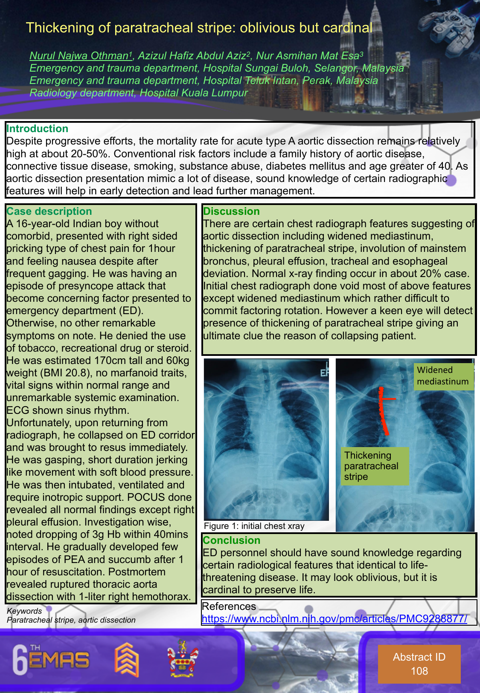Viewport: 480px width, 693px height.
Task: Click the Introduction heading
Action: coord(37,129)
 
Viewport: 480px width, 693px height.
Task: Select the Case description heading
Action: coord(49,211)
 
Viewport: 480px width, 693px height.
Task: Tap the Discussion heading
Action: coord(231,211)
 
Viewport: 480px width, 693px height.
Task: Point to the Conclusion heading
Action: coord(231,540)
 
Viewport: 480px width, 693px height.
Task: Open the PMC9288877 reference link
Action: coord(334,619)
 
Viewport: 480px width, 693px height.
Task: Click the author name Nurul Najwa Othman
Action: coord(79,56)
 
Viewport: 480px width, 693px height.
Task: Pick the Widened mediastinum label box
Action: coord(443,376)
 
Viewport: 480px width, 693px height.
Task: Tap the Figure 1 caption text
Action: coord(254,526)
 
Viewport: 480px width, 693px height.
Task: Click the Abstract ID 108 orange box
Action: coord(419,664)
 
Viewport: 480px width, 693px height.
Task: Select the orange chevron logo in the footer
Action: coord(126,659)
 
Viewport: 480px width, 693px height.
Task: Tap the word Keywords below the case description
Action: coord(24,611)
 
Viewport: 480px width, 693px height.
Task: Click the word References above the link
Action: coord(229,606)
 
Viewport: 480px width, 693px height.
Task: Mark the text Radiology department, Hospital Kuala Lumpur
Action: coord(138,93)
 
